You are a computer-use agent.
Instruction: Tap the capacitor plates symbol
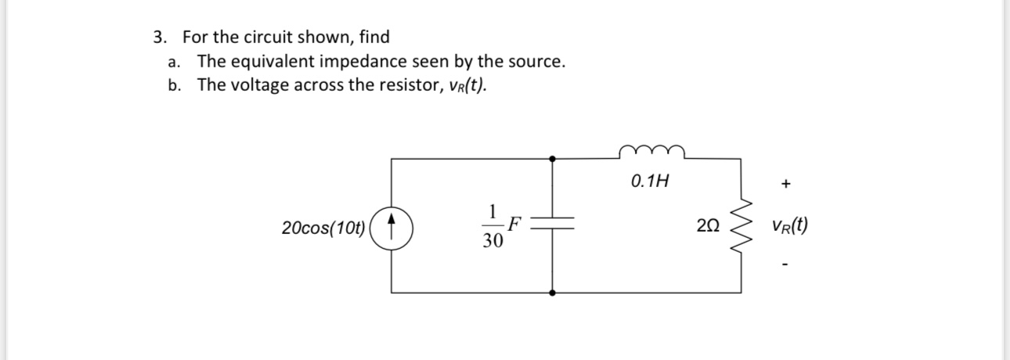pos(554,225)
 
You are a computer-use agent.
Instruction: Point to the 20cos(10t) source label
pos(323,229)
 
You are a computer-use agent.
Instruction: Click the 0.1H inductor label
pos(649,182)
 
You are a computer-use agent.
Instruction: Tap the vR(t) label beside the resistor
pos(789,227)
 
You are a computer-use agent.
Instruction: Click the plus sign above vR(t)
pos(786,185)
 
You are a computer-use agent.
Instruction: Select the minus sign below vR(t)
pos(786,265)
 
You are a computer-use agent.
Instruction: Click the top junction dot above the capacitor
pos(554,158)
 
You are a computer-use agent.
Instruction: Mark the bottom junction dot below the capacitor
pos(554,293)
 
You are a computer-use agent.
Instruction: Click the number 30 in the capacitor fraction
pos(492,242)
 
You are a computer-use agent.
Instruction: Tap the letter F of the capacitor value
pos(514,225)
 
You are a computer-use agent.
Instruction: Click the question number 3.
pos(160,38)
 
